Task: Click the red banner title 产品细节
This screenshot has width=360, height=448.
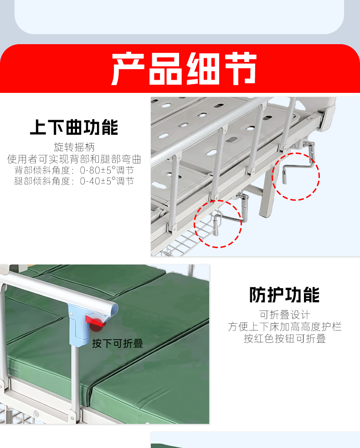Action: point(184,69)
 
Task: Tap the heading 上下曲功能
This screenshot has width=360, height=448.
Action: point(74,127)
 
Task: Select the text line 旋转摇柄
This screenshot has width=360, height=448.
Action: point(74,147)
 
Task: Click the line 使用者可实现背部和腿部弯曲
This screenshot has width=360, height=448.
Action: point(74,159)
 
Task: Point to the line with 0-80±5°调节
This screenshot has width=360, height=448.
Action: point(74,170)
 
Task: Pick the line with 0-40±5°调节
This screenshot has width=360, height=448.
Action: point(74,181)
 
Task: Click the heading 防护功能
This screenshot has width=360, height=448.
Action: point(284,295)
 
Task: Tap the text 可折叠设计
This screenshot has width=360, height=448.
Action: point(284,315)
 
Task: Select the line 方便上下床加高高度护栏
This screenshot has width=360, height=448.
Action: point(284,326)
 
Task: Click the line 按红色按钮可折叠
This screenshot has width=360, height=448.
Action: point(284,338)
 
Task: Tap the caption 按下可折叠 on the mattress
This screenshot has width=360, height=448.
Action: point(118,343)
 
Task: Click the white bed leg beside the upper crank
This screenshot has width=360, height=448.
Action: point(267,194)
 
